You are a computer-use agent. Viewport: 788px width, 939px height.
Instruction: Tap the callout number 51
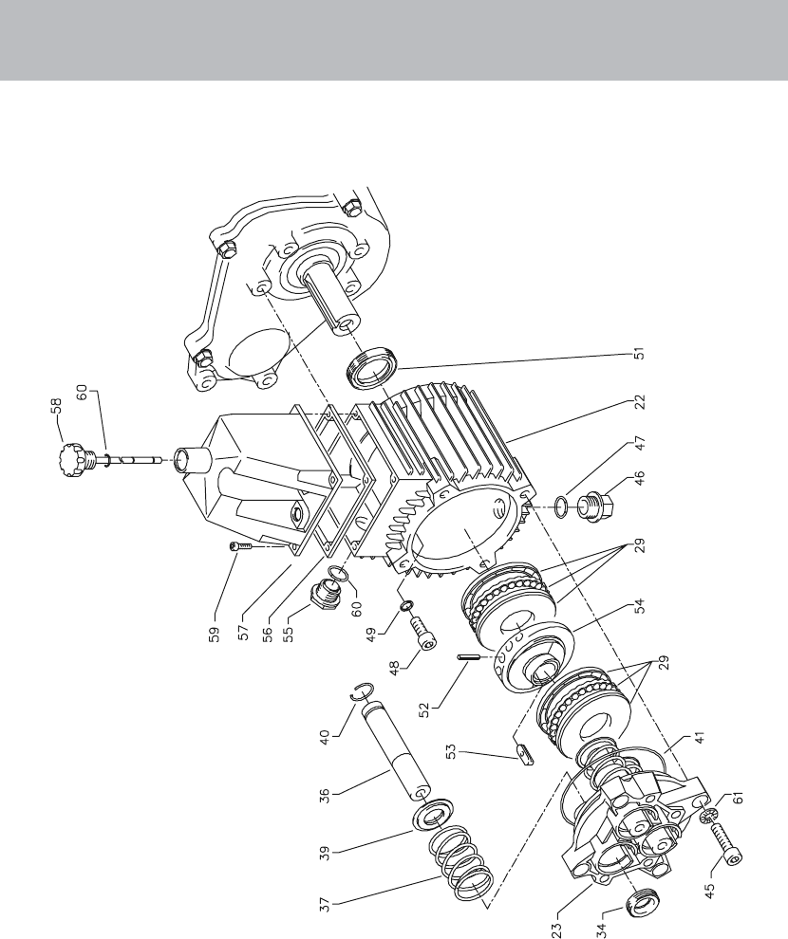coord(640,354)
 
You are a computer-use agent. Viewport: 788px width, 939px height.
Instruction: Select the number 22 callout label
coord(640,401)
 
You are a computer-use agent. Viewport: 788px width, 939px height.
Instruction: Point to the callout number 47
coord(640,443)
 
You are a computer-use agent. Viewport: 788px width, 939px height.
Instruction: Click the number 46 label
coord(640,478)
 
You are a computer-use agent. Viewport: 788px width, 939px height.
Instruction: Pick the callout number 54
coord(640,605)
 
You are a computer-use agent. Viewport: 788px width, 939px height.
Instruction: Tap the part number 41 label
coord(700,737)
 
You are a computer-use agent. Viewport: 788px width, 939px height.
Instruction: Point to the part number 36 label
coord(324,796)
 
